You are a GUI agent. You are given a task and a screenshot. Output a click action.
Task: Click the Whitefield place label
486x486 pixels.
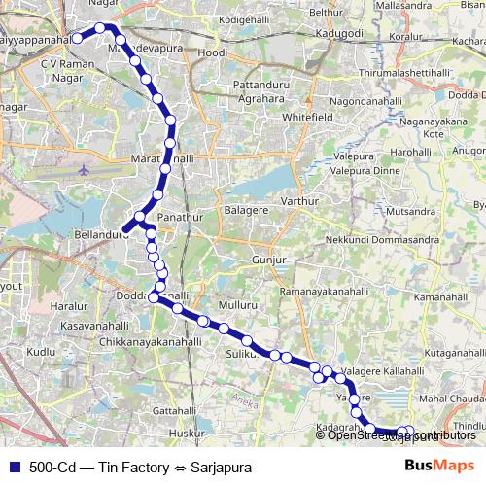pos(281,116)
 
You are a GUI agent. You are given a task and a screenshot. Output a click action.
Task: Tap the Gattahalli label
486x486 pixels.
pos(175,410)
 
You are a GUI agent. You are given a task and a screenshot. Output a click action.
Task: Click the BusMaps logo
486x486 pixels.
pos(433,467)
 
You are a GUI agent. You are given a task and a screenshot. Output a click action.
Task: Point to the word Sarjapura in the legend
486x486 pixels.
pos(221,468)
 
